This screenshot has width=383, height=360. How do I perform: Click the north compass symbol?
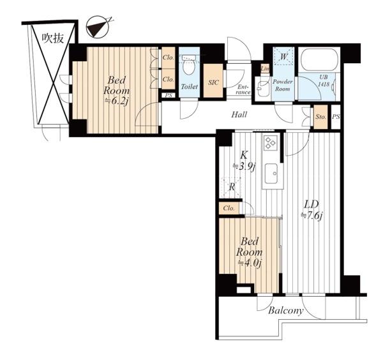98,27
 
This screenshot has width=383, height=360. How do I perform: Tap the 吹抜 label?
53,38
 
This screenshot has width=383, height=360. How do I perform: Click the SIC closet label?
213,82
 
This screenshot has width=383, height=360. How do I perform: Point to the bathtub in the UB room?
319,60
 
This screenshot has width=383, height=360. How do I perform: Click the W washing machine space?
283,56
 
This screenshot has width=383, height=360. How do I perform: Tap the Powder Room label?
283,86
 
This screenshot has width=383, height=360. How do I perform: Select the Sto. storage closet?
320,117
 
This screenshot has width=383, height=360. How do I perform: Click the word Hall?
239,114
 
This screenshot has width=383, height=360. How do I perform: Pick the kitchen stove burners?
271,142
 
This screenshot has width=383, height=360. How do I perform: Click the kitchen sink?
271,174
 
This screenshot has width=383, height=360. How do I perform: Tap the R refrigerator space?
230,188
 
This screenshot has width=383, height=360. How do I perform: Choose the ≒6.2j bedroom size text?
116,101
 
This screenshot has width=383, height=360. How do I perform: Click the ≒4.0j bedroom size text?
250,263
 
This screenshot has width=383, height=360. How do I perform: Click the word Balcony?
286,311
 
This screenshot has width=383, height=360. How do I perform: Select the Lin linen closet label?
265,69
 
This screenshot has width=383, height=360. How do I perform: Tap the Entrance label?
244,89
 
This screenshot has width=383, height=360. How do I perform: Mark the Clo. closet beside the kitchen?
229,208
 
